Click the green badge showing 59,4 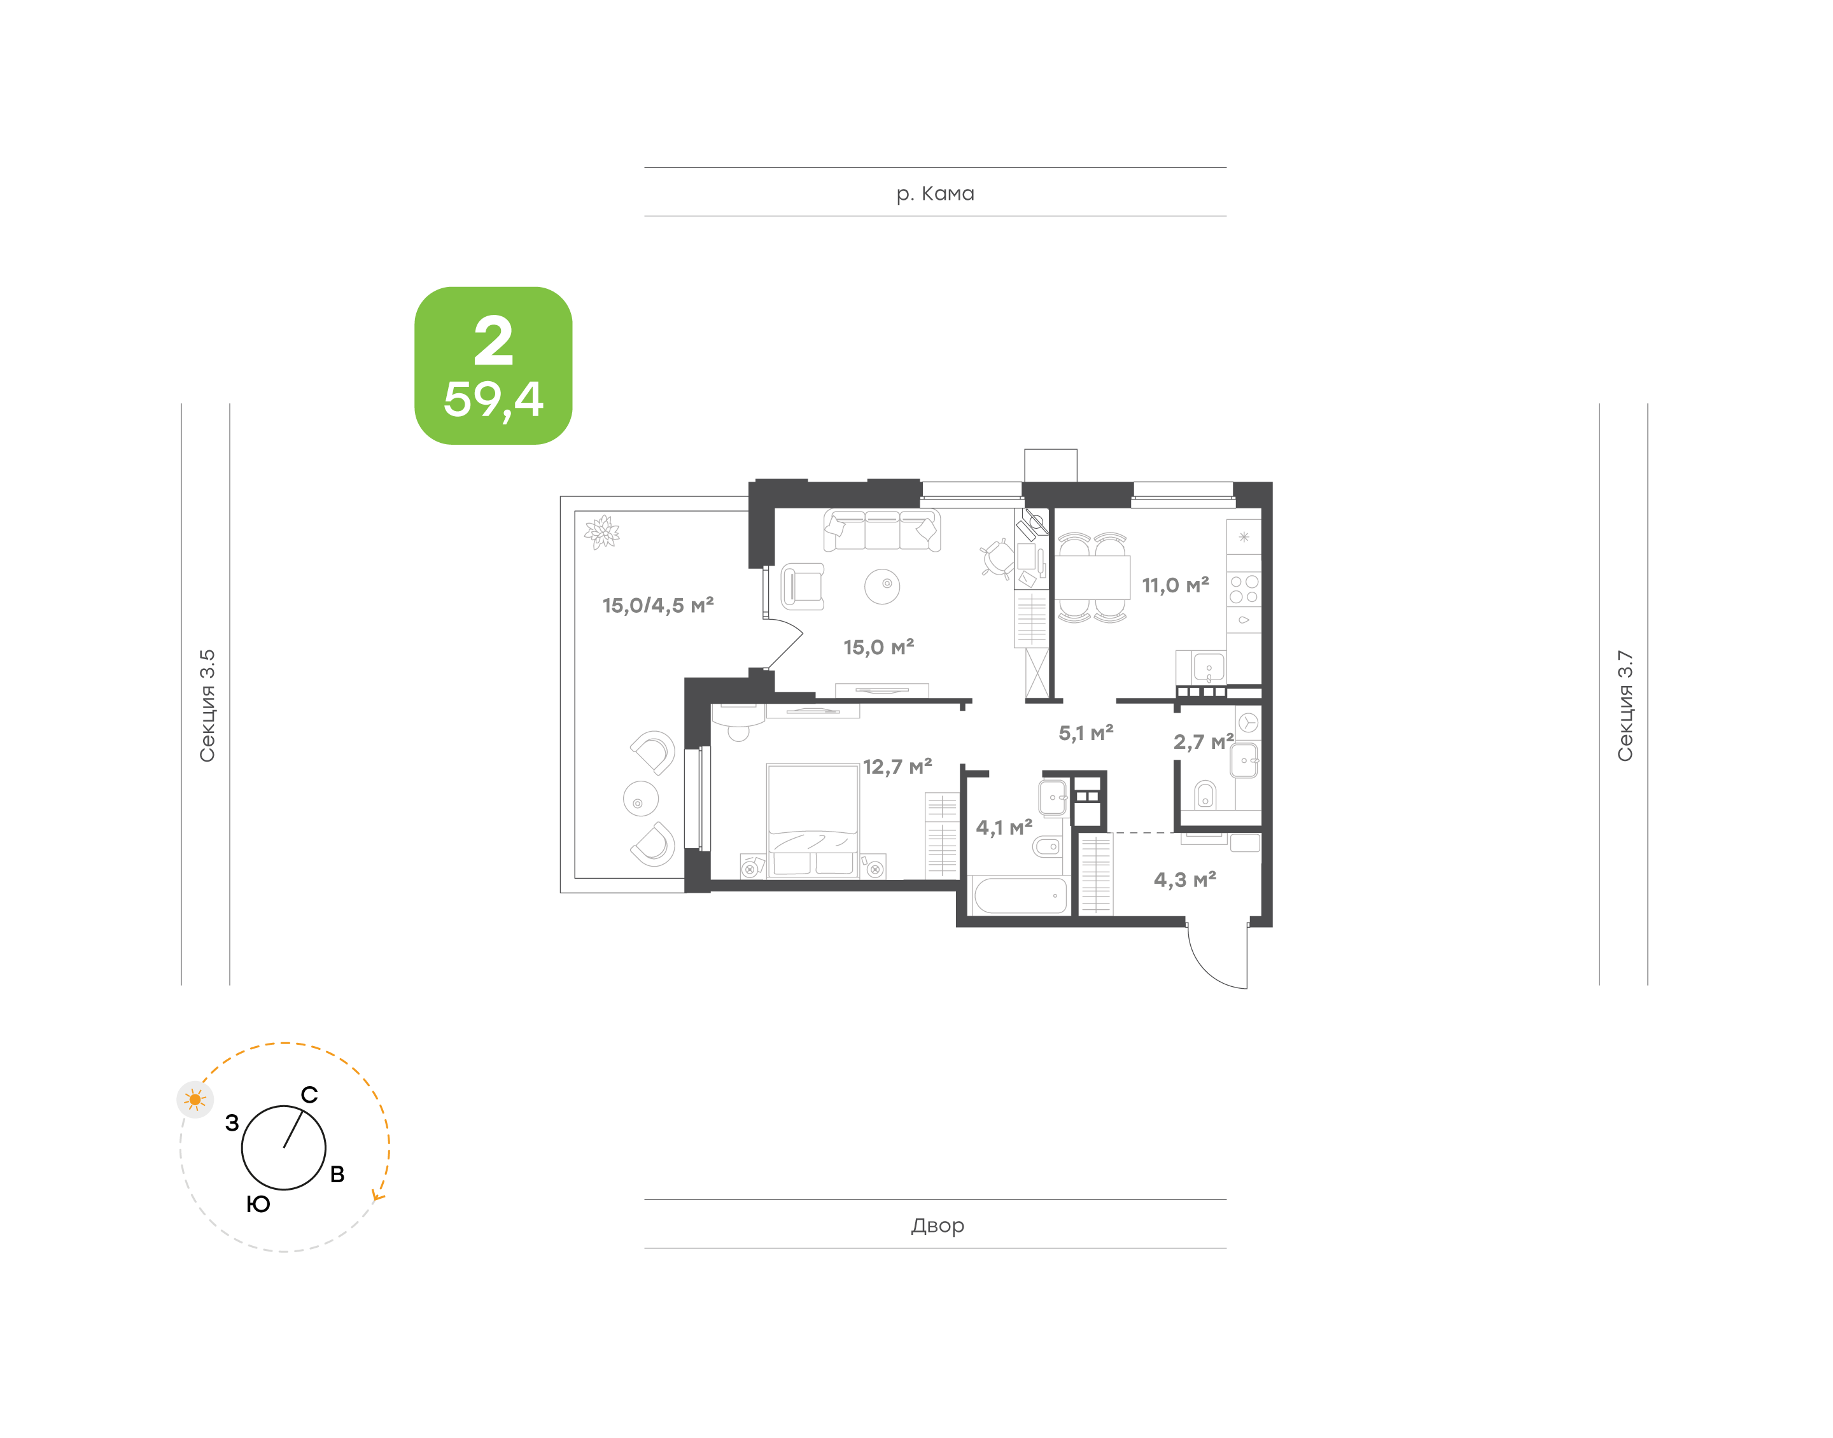click(493, 365)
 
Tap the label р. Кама click(934, 193)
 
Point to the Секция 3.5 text click(207, 706)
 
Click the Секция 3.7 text click(1624, 706)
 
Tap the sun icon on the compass click(195, 1099)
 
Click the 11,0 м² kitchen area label click(1174, 585)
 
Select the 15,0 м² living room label click(878, 648)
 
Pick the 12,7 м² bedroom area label click(897, 767)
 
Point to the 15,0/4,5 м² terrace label click(657, 605)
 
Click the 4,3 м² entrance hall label click(1184, 880)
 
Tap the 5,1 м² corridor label click(1085, 733)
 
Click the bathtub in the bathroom click(1018, 896)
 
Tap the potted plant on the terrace click(602, 532)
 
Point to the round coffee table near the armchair click(882, 586)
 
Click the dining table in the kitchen click(1092, 578)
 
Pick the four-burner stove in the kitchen click(1244, 589)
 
